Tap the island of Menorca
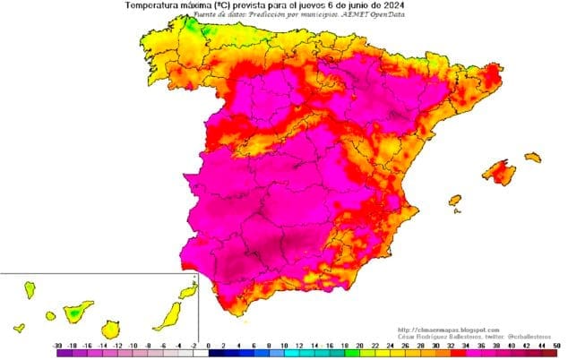coord(533,157)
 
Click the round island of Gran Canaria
coord(111,329)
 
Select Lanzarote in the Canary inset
coord(187,291)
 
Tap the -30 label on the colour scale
coord(58,345)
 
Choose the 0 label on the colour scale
coord(208,345)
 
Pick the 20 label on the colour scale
coord(358,345)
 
